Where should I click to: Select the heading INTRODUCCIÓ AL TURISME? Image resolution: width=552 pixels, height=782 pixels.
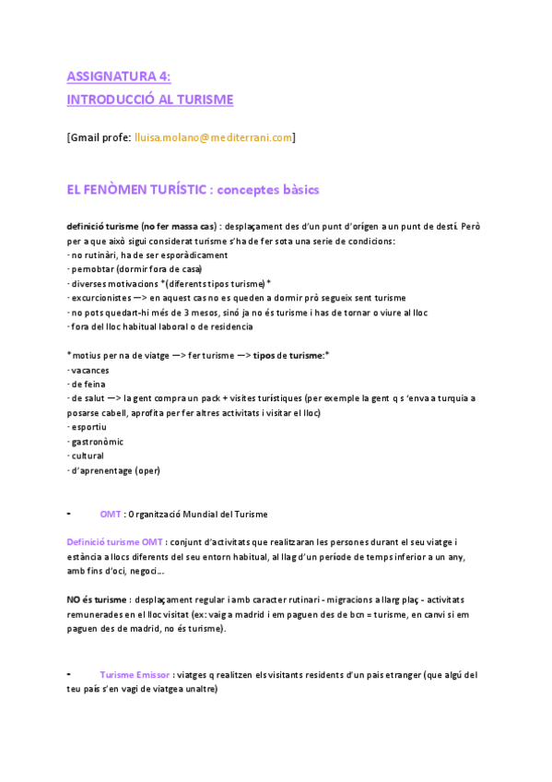click(150, 99)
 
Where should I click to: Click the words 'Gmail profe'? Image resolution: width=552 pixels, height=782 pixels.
click(100, 137)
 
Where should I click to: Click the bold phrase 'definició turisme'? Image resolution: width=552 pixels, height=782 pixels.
click(103, 226)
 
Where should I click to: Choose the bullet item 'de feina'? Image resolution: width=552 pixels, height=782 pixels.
click(88, 384)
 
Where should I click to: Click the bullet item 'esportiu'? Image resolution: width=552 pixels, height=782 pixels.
click(88, 427)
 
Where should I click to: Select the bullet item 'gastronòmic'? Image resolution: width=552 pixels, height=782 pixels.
click(97, 442)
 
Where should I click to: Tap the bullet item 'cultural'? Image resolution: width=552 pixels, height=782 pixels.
click(88, 456)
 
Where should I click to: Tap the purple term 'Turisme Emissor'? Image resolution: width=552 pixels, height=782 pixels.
click(135, 675)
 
